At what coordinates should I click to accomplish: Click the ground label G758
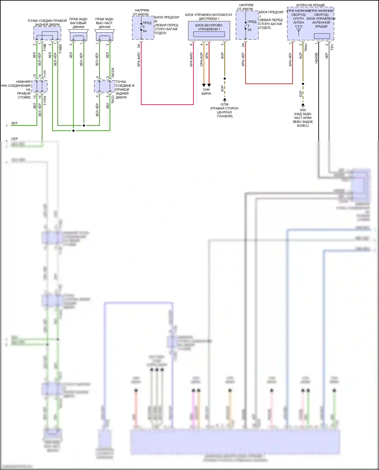pos(224,105)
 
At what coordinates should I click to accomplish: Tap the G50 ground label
pos(303,110)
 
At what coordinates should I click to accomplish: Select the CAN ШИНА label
pos(206,91)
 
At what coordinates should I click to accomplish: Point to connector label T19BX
pos(60,49)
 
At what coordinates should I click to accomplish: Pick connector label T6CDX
pos(113,72)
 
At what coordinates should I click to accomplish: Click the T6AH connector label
pos(306,47)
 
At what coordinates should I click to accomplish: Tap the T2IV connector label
pos(332,47)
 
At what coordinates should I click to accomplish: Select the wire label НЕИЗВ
pos(316,58)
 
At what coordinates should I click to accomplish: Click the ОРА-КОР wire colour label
pos(202,59)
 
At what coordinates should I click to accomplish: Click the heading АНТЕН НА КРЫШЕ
pos(310,5)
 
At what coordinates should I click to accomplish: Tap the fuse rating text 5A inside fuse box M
pos(145,31)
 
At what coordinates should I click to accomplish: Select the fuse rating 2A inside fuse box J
pos(249,30)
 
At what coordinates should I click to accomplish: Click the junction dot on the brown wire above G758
pos(225,79)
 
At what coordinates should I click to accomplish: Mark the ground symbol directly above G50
pos(303,105)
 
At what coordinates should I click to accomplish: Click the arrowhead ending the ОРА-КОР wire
pos(204,85)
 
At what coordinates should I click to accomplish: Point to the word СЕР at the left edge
pos(14,139)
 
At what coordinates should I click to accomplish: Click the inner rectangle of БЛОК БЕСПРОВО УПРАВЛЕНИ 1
pos(209,34)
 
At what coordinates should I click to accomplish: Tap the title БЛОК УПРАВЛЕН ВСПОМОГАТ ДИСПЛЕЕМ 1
pos(209,17)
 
